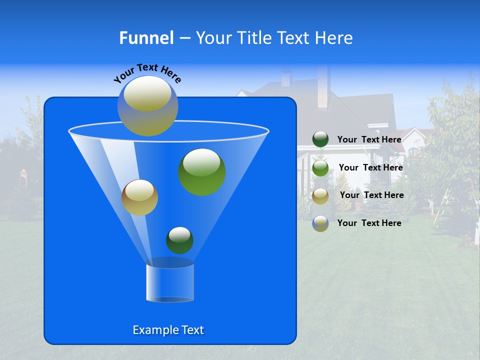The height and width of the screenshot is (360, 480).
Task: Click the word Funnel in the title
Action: point(146,38)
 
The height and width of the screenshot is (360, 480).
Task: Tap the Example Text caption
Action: point(168,330)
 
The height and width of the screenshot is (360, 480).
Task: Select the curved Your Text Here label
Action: point(147,73)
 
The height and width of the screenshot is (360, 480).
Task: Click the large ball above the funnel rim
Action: point(148,106)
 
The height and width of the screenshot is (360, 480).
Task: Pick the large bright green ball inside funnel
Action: point(202,171)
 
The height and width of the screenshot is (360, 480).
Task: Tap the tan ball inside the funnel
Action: point(139,197)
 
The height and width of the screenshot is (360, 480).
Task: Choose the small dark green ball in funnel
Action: point(179,240)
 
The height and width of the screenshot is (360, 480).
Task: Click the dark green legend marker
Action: point(320,139)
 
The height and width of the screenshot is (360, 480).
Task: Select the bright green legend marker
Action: point(320,167)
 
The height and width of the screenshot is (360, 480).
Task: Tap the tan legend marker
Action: point(320,195)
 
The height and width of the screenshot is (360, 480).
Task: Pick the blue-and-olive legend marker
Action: point(320,223)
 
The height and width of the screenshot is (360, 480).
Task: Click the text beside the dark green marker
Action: point(369,139)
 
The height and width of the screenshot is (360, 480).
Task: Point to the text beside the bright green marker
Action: point(370,167)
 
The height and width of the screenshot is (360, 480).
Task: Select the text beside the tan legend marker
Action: point(371,195)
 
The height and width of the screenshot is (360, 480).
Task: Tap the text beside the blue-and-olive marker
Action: point(369,223)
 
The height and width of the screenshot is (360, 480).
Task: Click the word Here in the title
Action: point(335,38)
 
